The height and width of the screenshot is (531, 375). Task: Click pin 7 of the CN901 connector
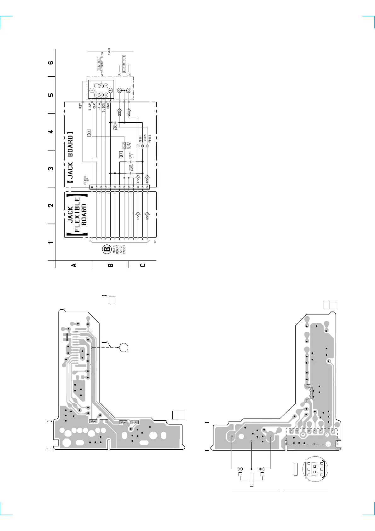coord(92,90)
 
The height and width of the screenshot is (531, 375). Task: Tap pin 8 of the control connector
coord(110,90)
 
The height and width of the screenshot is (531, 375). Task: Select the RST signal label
coord(81,106)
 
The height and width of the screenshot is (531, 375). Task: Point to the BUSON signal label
coord(103,107)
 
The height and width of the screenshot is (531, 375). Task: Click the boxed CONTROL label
coord(99,64)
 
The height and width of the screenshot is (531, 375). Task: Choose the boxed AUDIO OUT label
coord(124,64)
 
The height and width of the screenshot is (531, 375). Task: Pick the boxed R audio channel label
coord(119,74)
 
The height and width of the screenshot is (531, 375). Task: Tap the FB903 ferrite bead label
coord(150,139)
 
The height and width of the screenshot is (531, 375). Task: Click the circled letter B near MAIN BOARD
coord(107,250)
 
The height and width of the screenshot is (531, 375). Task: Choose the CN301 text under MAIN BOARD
coord(124,249)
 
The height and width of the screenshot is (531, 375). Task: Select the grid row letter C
coord(143,265)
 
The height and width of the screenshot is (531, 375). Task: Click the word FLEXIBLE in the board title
coord(77,214)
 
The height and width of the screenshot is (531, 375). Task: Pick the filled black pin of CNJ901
coord(92,187)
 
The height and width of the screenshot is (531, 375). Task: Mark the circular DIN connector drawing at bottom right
coord(315,469)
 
